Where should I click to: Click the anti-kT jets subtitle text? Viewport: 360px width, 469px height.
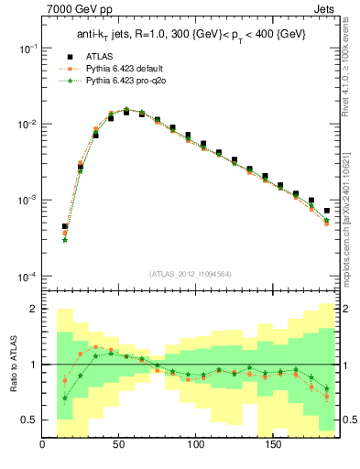(191, 34)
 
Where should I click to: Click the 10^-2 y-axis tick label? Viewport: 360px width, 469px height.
(26, 124)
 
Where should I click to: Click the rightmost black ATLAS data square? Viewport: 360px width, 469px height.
(327, 211)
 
